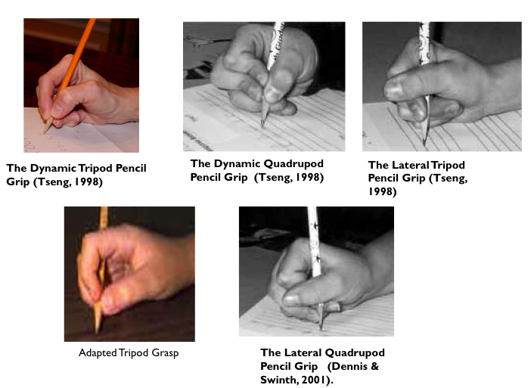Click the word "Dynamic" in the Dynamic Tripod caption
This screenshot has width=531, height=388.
53,169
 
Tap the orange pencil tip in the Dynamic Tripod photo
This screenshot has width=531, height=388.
45,132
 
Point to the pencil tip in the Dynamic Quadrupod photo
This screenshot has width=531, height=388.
262,126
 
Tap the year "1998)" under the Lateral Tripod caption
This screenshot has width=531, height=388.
382,191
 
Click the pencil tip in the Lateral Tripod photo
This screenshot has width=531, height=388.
424,144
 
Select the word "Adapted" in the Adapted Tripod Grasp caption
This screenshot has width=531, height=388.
98,353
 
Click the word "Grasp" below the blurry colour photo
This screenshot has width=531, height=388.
165,353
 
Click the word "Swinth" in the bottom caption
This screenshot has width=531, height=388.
278,380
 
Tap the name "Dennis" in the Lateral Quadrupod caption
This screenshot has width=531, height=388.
348,366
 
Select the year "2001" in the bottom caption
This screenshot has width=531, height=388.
314,380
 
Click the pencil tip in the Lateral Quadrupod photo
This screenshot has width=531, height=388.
321,327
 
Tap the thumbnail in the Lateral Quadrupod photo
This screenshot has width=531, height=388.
291,300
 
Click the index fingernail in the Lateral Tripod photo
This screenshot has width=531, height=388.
393,88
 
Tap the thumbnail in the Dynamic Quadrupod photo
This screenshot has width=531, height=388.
273,94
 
